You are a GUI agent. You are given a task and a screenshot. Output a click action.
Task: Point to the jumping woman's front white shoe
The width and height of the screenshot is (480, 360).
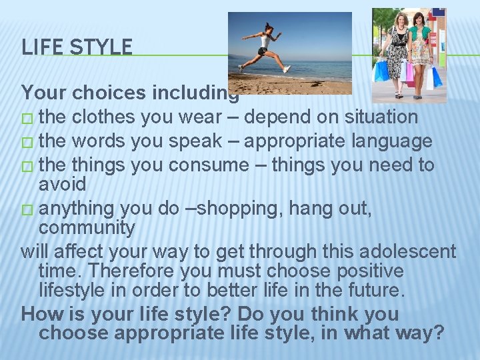click(x=286, y=69)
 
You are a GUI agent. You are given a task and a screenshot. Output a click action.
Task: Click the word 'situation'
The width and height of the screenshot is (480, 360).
click(x=381, y=117)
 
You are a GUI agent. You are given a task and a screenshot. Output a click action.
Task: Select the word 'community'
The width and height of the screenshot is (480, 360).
click(x=87, y=227)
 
